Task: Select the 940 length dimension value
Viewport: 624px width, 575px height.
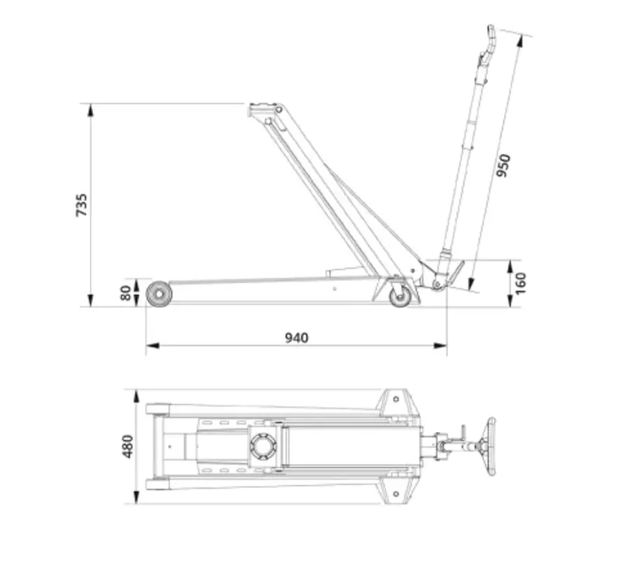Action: pos(296,337)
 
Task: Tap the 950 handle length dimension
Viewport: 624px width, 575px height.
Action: pos(503,165)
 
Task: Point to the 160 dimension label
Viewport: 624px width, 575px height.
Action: pos(520,283)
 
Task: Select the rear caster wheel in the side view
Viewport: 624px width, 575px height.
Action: pos(400,296)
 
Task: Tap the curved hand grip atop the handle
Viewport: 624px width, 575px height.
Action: pos(490,39)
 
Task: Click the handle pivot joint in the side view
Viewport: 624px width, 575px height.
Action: pos(438,283)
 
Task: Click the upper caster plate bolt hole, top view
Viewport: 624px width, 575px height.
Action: pos(396,398)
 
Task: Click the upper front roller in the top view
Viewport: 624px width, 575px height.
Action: pos(157,407)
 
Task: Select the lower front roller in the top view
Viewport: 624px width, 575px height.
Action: pos(157,484)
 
